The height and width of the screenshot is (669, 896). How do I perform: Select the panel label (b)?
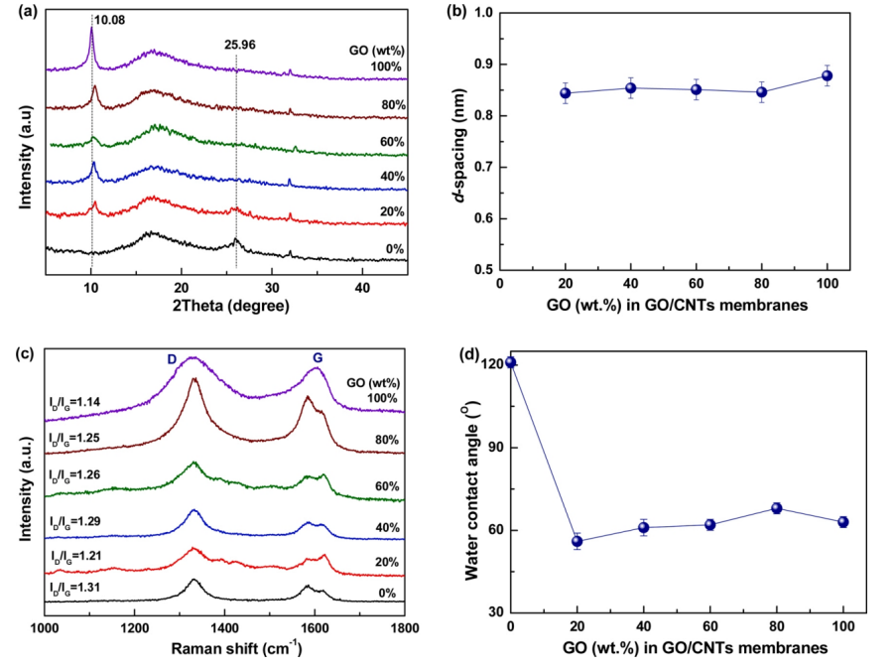[462, 13]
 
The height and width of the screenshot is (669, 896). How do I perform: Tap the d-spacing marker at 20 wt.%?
[566, 93]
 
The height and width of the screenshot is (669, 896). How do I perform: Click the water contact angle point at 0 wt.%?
[510, 362]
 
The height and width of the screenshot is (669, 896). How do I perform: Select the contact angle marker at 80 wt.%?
[777, 508]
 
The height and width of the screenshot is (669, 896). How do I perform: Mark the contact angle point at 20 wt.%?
[576, 541]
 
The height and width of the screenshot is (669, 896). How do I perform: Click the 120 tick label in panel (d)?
[487, 363]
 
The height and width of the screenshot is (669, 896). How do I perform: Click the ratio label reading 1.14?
[83, 402]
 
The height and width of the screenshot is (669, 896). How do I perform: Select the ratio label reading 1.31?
[83, 588]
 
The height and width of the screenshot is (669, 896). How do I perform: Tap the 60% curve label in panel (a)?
[389, 143]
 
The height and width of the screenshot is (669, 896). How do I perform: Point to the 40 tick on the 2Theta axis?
[362, 287]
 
